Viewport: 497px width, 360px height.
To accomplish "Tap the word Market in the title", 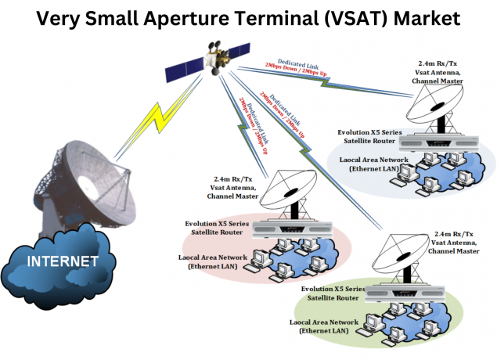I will (x=438, y=18).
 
